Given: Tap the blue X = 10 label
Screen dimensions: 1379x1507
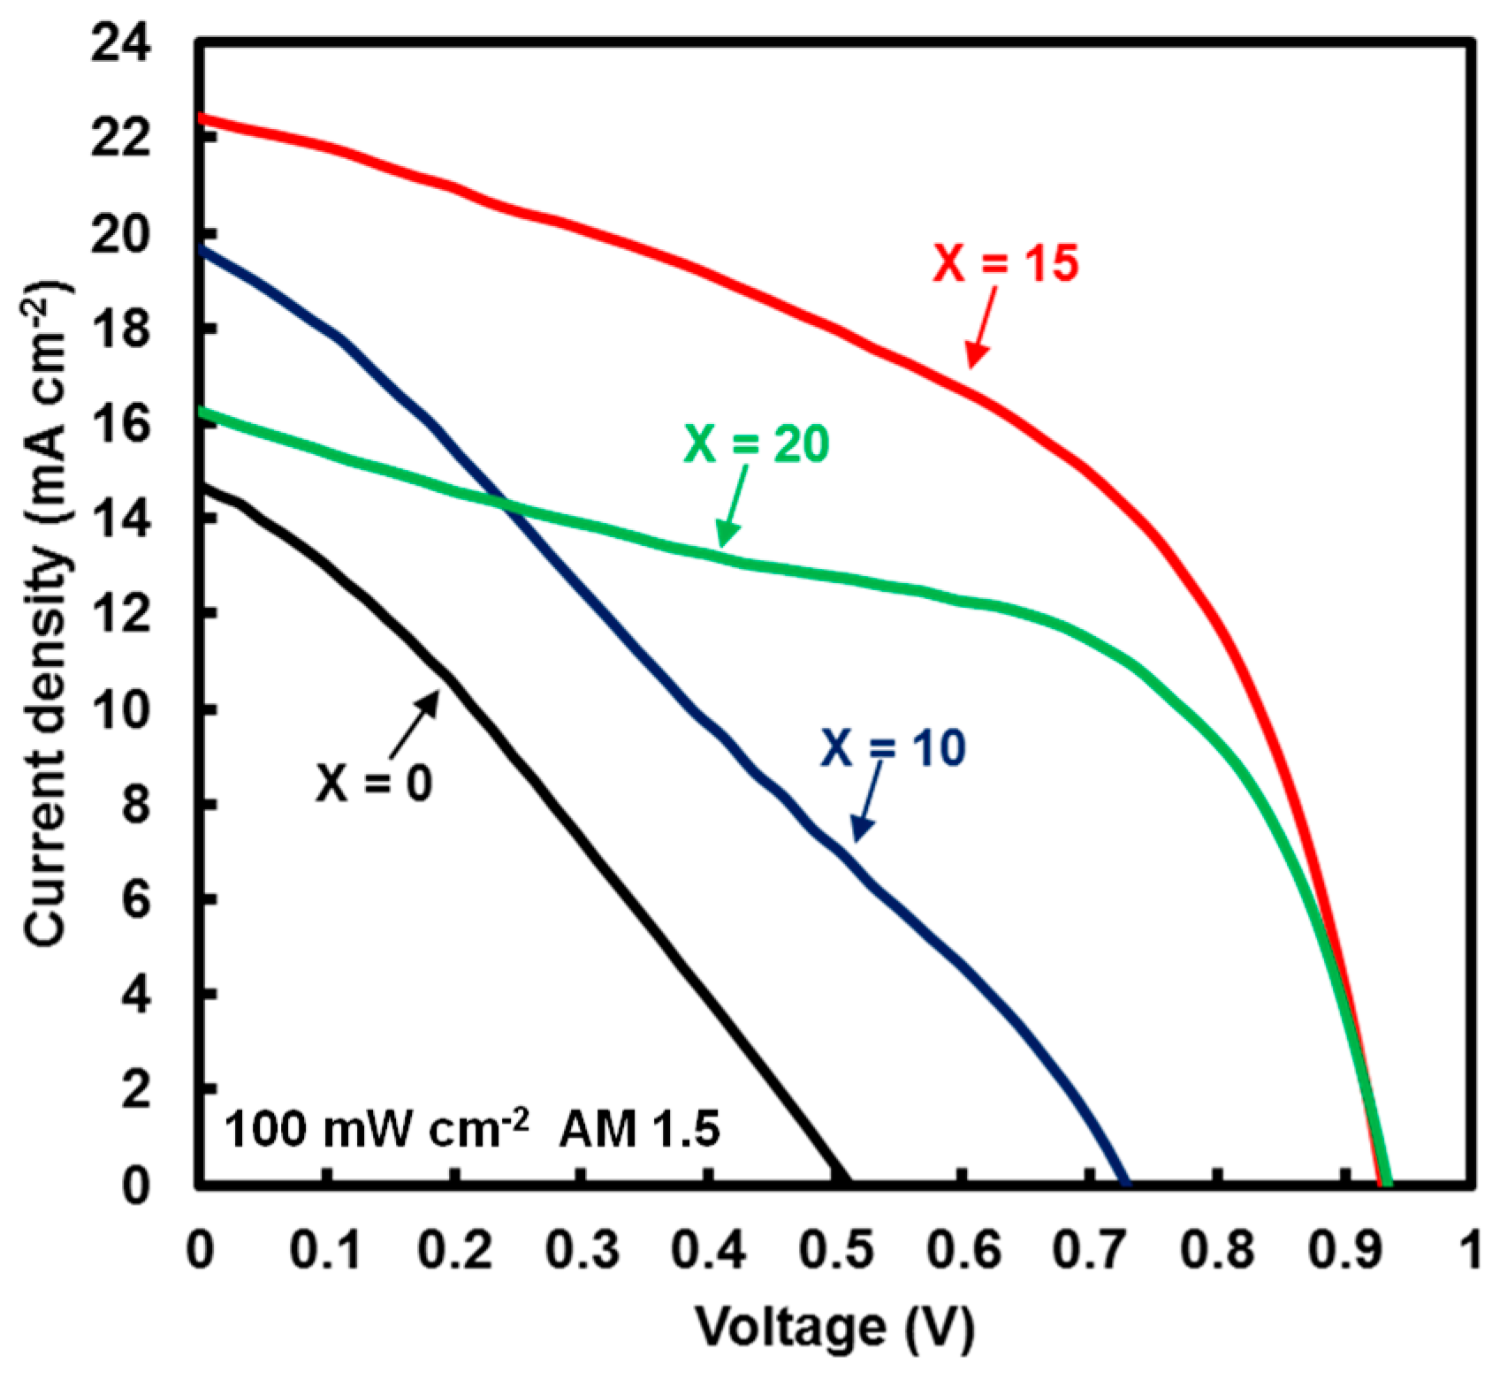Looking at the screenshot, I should (x=894, y=747).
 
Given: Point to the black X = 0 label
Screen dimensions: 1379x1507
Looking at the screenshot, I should (x=375, y=783).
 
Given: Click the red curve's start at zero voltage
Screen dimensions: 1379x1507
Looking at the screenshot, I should (x=202, y=117).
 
